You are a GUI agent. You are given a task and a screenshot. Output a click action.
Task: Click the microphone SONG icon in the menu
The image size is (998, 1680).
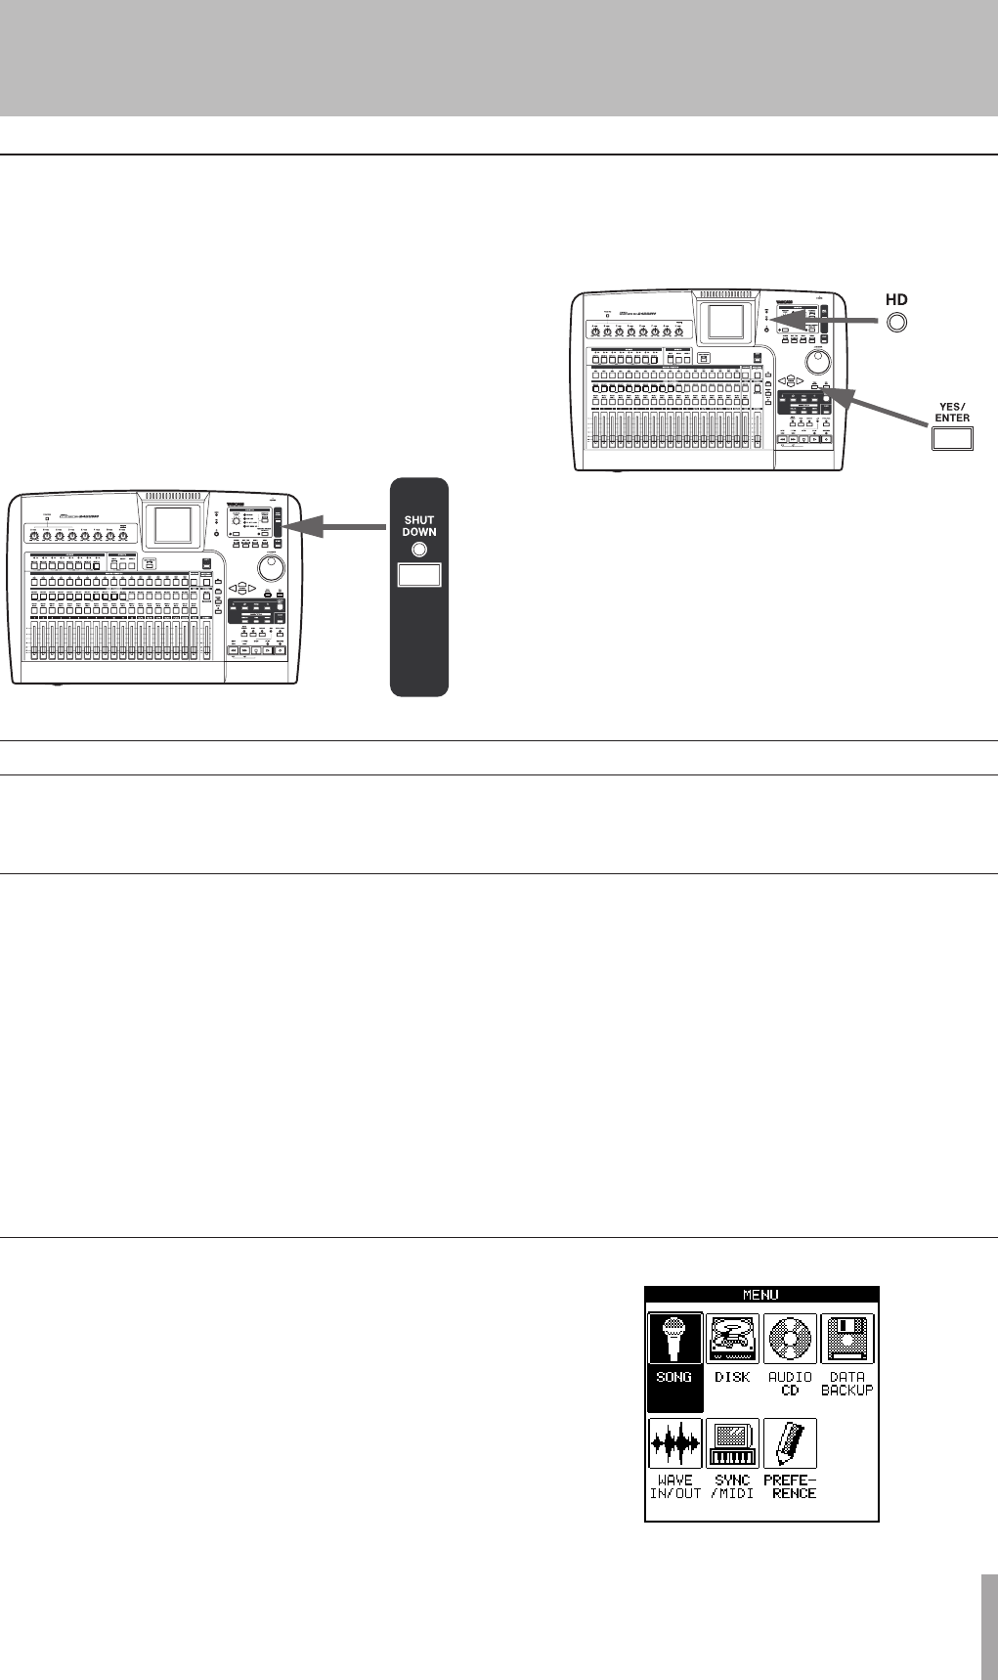[675, 1339]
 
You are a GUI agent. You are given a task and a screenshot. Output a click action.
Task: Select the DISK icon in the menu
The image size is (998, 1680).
[733, 1339]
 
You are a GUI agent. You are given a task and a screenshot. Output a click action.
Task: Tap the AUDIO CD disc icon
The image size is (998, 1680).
[790, 1339]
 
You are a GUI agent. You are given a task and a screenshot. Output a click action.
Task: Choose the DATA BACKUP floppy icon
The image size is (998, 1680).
[847, 1339]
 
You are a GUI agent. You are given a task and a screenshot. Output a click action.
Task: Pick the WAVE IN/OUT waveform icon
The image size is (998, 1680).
[675, 1442]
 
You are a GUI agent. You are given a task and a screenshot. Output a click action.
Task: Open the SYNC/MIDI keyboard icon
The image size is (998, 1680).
[733, 1442]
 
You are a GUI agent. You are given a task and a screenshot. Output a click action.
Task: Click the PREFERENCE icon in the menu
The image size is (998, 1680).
[790, 1442]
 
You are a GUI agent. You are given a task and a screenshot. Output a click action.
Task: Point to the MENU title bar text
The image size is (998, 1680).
[761, 1295]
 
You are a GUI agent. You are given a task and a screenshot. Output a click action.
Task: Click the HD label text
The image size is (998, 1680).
[896, 300]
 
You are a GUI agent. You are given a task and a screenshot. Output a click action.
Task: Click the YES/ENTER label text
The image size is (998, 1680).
[952, 412]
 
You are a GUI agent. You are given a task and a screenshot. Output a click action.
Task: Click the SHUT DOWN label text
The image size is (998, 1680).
[419, 526]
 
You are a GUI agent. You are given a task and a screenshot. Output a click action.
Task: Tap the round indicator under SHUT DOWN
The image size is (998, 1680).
[419, 550]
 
